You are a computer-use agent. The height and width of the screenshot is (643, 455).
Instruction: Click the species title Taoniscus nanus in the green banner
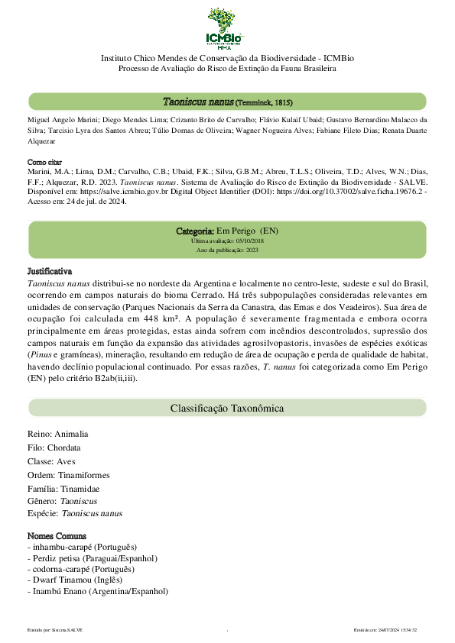click(x=198, y=102)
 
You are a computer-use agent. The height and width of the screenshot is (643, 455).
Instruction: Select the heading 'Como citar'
click(x=46, y=163)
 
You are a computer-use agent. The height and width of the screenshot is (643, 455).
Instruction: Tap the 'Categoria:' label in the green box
click(x=195, y=231)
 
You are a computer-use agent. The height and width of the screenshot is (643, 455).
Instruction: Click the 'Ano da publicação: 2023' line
click(x=227, y=250)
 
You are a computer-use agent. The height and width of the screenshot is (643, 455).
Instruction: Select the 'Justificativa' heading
click(x=50, y=271)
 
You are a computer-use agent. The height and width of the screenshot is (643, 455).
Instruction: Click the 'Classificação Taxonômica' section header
click(x=227, y=409)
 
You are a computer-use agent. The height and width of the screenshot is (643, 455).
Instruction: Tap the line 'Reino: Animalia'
click(x=57, y=434)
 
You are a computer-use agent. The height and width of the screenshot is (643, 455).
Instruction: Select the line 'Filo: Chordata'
click(x=54, y=448)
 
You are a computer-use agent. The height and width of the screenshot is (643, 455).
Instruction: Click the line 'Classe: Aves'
click(x=51, y=461)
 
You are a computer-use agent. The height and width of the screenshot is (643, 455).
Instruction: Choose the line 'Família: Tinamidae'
click(x=63, y=489)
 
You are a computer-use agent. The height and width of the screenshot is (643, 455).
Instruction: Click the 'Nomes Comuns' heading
click(x=57, y=536)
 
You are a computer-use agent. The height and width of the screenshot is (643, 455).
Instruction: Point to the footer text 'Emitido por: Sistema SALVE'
click(x=54, y=629)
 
